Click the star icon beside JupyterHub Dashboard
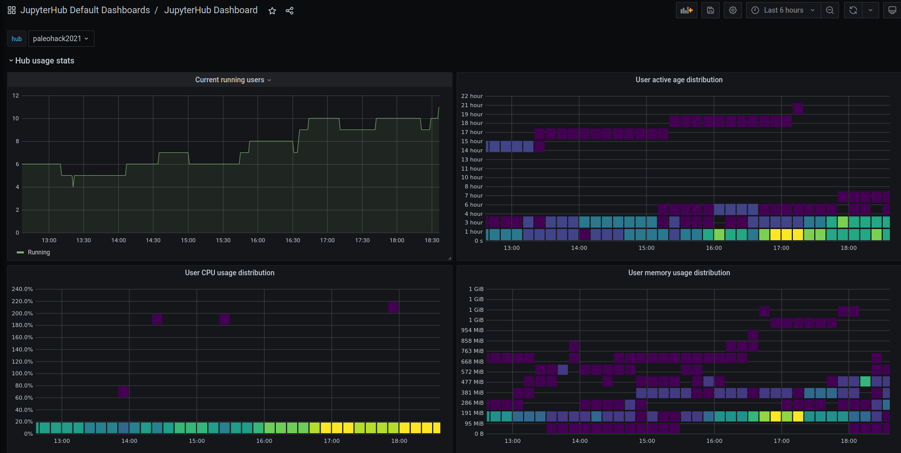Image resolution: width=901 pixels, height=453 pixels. click(272, 11)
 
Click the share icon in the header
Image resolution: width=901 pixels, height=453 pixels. click(289, 11)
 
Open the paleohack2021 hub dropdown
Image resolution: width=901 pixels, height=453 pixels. click(61, 39)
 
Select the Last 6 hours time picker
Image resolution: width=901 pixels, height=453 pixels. click(783, 10)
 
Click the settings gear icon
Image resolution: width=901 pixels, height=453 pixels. click(733, 10)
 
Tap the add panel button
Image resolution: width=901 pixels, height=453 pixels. click(687, 10)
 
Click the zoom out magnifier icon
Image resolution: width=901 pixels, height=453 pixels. click(830, 10)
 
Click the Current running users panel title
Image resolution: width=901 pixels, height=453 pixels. click(230, 80)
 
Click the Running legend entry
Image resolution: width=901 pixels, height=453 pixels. click(39, 252)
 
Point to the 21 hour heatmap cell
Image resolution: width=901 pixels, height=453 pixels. click(798, 109)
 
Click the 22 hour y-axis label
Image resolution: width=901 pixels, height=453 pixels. click(472, 96)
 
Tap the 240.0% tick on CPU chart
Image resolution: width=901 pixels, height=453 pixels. click(22, 289)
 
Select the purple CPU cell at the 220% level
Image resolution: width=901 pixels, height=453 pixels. click(393, 307)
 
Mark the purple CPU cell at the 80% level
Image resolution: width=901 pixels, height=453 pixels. click(123, 392)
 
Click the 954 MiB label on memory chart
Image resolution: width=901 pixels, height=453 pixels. click(472, 330)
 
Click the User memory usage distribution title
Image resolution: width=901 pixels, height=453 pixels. click(679, 273)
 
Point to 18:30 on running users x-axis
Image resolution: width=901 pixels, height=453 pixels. click(432, 240)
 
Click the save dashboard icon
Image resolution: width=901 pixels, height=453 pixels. click(711, 10)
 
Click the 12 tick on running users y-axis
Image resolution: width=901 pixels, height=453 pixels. click(16, 95)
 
